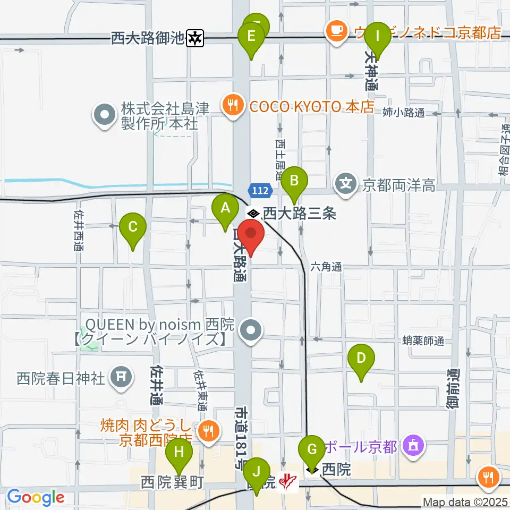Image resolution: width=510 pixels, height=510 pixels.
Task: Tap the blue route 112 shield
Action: tap(260, 190)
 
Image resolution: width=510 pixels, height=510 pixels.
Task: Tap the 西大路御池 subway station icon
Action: tap(197, 38)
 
